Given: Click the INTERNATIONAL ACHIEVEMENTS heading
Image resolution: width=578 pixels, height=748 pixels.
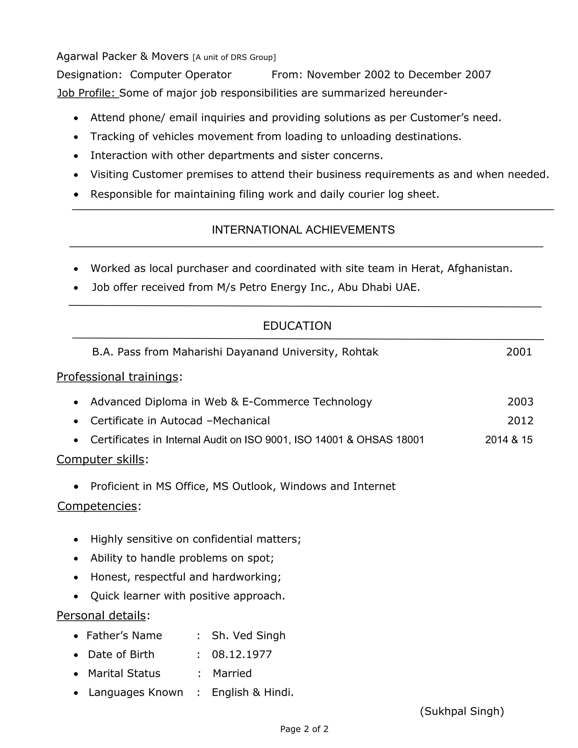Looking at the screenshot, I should coord(303,230).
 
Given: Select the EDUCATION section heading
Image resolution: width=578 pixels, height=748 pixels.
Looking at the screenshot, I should coord(297,326).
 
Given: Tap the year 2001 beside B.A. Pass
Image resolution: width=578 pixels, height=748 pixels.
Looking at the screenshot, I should coord(519,352).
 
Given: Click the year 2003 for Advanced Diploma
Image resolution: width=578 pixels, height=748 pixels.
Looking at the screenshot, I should coord(520,401).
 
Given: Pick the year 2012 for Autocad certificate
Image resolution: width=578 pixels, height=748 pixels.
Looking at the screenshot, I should coord(520,420).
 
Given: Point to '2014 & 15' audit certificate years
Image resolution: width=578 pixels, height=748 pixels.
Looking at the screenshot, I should coord(509,439).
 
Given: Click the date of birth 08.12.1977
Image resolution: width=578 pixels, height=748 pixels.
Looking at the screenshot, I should coord(242,654).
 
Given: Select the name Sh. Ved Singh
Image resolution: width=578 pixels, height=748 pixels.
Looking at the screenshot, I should coord(248,635).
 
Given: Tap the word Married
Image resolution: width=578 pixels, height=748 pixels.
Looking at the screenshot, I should coord(232,673).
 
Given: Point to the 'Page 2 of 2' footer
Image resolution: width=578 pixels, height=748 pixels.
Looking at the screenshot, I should coord(304,729).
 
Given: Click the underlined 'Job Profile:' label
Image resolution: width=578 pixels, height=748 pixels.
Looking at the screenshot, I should coord(87,93).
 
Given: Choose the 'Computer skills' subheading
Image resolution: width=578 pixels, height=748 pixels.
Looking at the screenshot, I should coord(100,459).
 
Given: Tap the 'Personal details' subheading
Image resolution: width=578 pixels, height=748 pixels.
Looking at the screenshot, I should coord(101,615).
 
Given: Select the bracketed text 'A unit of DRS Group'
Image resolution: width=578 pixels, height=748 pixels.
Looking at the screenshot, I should coord(234,57).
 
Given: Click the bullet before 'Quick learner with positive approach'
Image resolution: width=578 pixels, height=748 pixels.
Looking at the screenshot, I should coord(76,597).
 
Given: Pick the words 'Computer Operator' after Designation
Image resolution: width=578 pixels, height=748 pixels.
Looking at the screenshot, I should coord(180,75).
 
